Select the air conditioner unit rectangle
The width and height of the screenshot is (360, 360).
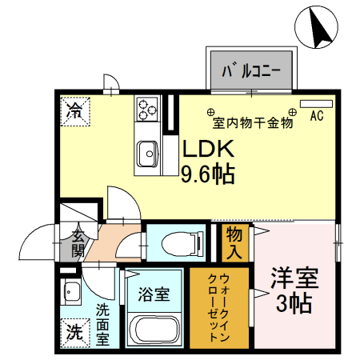point(310,104)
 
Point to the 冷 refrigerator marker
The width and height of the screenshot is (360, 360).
point(73,108)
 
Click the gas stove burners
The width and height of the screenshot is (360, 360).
point(147,107)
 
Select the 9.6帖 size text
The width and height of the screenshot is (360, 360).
point(207,174)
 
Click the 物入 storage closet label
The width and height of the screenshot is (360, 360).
point(234,243)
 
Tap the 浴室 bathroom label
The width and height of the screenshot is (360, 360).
point(154,294)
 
